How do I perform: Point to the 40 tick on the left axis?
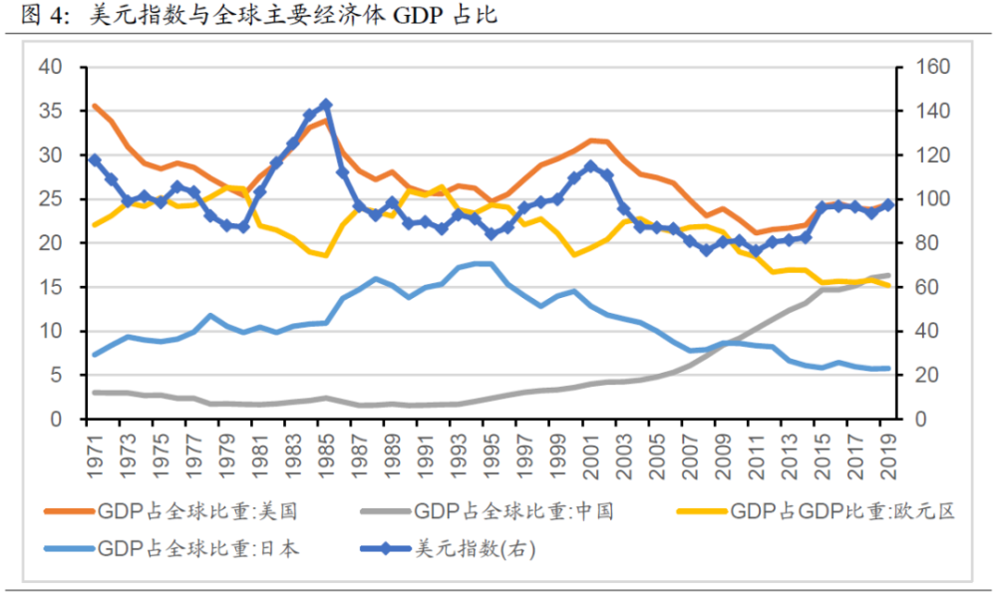tap(50, 68)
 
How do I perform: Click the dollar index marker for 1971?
tap(95, 159)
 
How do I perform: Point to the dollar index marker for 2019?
tap(887, 204)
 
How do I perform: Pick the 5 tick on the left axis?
tap(56, 375)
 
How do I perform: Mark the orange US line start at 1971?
tap(95, 106)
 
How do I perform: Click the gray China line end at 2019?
tap(887, 275)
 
